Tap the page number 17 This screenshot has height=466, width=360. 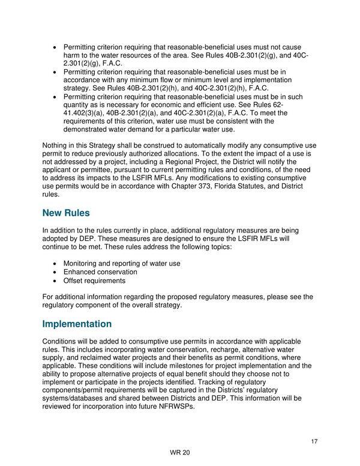click(314, 443)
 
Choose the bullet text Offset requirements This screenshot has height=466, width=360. click(94, 280)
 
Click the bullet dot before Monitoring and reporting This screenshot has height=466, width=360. click(56, 264)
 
